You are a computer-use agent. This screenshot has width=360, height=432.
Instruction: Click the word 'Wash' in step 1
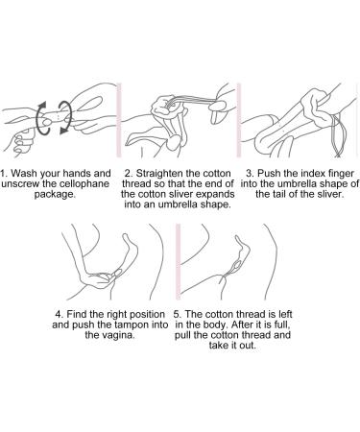click(x=23, y=174)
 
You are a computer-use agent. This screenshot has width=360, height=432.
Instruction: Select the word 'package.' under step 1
click(x=55, y=195)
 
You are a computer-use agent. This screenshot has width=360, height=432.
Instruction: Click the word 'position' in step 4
click(x=147, y=315)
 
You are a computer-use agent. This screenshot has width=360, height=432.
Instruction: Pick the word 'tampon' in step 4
click(x=130, y=324)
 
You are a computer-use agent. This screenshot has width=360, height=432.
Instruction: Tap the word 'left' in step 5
click(x=285, y=314)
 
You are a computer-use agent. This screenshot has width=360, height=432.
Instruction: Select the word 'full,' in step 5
click(x=280, y=324)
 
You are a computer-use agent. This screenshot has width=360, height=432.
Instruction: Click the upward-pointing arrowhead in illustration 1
click(x=42, y=106)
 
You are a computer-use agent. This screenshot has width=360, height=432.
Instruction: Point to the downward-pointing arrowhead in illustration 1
click(x=63, y=130)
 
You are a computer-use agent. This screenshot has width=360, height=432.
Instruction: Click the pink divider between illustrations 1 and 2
click(x=119, y=120)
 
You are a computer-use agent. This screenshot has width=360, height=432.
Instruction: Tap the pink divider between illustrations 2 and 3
click(x=239, y=120)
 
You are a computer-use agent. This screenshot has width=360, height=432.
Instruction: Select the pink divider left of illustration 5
click(x=179, y=262)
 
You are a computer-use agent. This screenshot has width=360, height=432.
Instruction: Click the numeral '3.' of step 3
click(x=251, y=174)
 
